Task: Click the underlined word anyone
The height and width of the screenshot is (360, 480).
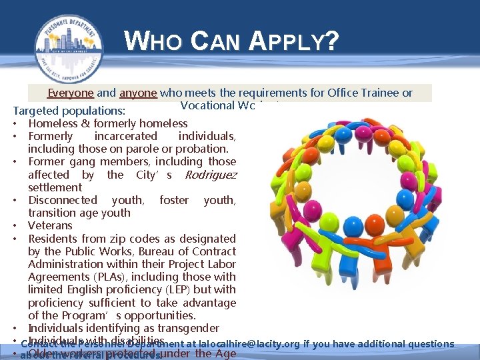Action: coord(138,93)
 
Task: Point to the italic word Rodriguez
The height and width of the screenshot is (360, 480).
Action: coord(210,175)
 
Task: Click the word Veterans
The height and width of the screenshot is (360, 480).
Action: coord(50,226)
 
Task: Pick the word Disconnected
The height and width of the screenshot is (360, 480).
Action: coord(62,200)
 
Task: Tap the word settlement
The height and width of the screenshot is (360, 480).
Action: coord(55,187)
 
